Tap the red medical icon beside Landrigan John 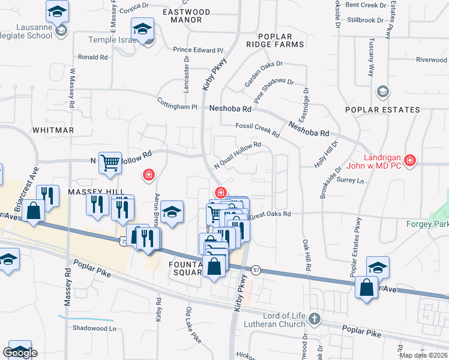[x=410, y=160]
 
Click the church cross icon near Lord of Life [x=316, y=319]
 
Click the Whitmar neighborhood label [x=53, y=130]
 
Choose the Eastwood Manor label [x=186, y=16]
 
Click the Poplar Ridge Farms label [x=276, y=40]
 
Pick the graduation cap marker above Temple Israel [x=143, y=28]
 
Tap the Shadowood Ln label [x=94, y=328]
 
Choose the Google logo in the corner [x=20, y=353]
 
